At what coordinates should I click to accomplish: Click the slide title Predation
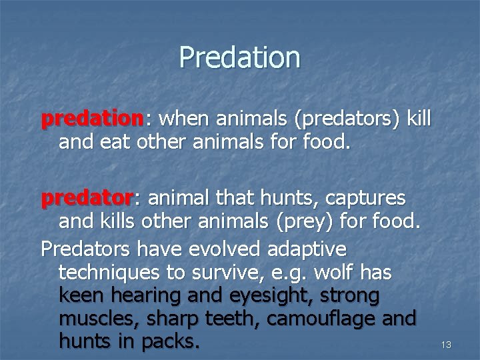click(239, 57)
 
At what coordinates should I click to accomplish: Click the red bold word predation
click(92, 119)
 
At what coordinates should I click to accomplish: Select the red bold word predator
click(87, 198)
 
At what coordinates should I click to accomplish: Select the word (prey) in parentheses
click(301, 220)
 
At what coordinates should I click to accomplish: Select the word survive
click(217, 273)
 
